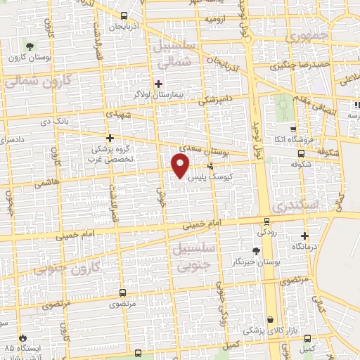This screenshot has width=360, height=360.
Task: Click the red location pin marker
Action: click(181, 166)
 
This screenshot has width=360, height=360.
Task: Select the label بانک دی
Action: click(75, 121)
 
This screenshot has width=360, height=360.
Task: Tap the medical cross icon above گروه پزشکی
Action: click(108, 138)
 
